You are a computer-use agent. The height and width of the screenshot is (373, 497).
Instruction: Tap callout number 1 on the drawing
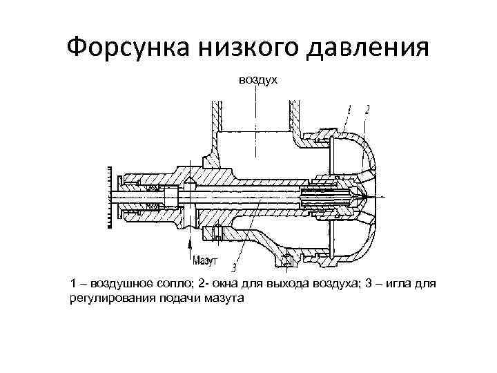point(349,109)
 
